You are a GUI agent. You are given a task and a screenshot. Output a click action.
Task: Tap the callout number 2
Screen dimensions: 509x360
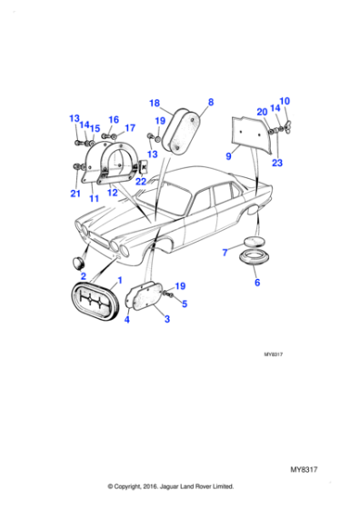tap(83, 275)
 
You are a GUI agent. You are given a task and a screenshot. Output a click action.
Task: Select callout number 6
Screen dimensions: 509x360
tap(257, 284)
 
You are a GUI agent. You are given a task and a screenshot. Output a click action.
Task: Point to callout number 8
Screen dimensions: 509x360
tap(210, 102)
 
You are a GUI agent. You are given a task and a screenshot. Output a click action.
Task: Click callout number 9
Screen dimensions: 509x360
tap(228, 156)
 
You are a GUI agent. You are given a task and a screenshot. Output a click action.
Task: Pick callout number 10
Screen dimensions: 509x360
tap(284, 101)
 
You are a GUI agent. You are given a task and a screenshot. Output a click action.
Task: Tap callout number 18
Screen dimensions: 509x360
tap(154, 102)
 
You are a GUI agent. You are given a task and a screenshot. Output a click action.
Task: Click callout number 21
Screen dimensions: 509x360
tap(75, 194)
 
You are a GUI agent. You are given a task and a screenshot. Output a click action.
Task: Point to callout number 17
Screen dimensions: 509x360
tap(130, 128)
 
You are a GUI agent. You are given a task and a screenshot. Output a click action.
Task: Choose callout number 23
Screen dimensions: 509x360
tap(276, 164)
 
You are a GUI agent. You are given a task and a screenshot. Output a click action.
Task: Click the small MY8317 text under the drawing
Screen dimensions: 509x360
tap(275, 354)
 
